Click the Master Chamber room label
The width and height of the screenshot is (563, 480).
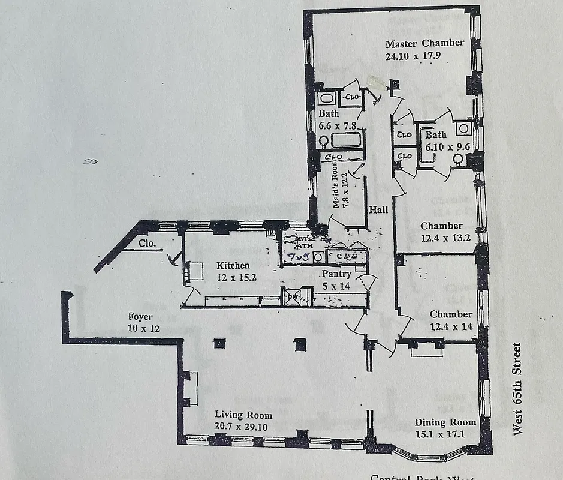424,43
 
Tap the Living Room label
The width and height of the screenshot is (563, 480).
243,415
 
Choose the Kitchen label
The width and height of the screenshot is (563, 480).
233,265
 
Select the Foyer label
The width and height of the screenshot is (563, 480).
140,317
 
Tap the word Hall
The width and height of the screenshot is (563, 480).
378,210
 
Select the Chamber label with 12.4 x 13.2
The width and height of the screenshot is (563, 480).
441,226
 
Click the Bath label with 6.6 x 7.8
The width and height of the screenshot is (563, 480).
328,113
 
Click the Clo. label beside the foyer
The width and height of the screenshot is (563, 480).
147,244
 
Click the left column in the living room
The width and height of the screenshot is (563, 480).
219,343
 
